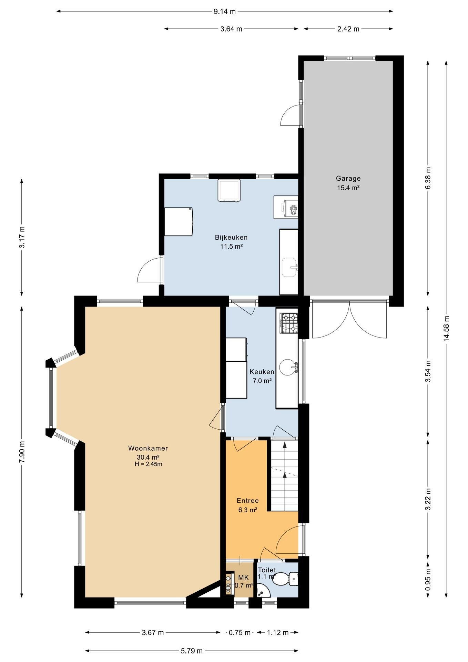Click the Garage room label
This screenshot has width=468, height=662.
click(x=348, y=178)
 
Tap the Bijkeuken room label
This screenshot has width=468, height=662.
click(x=231, y=237)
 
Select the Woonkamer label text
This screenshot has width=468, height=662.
click(x=148, y=448)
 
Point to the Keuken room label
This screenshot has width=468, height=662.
click(x=262, y=372)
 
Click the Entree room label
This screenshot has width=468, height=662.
click(x=247, y=501)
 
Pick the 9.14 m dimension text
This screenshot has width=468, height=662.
click(x=225, y=11)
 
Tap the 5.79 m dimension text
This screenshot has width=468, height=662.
click(x=192, y=651)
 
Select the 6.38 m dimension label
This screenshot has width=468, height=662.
click(x=428, y=178)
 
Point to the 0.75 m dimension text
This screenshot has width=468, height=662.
click(x=240, y=632)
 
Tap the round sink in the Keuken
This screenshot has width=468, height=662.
click(x=288, y=367)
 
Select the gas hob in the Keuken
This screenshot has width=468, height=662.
click(x=289, y=323)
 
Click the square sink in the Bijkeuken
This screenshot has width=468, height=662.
click(x=290, y=267)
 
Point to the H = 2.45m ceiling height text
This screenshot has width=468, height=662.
click(x=148, y=464)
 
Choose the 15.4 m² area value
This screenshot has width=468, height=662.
click(x=348, y=188)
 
